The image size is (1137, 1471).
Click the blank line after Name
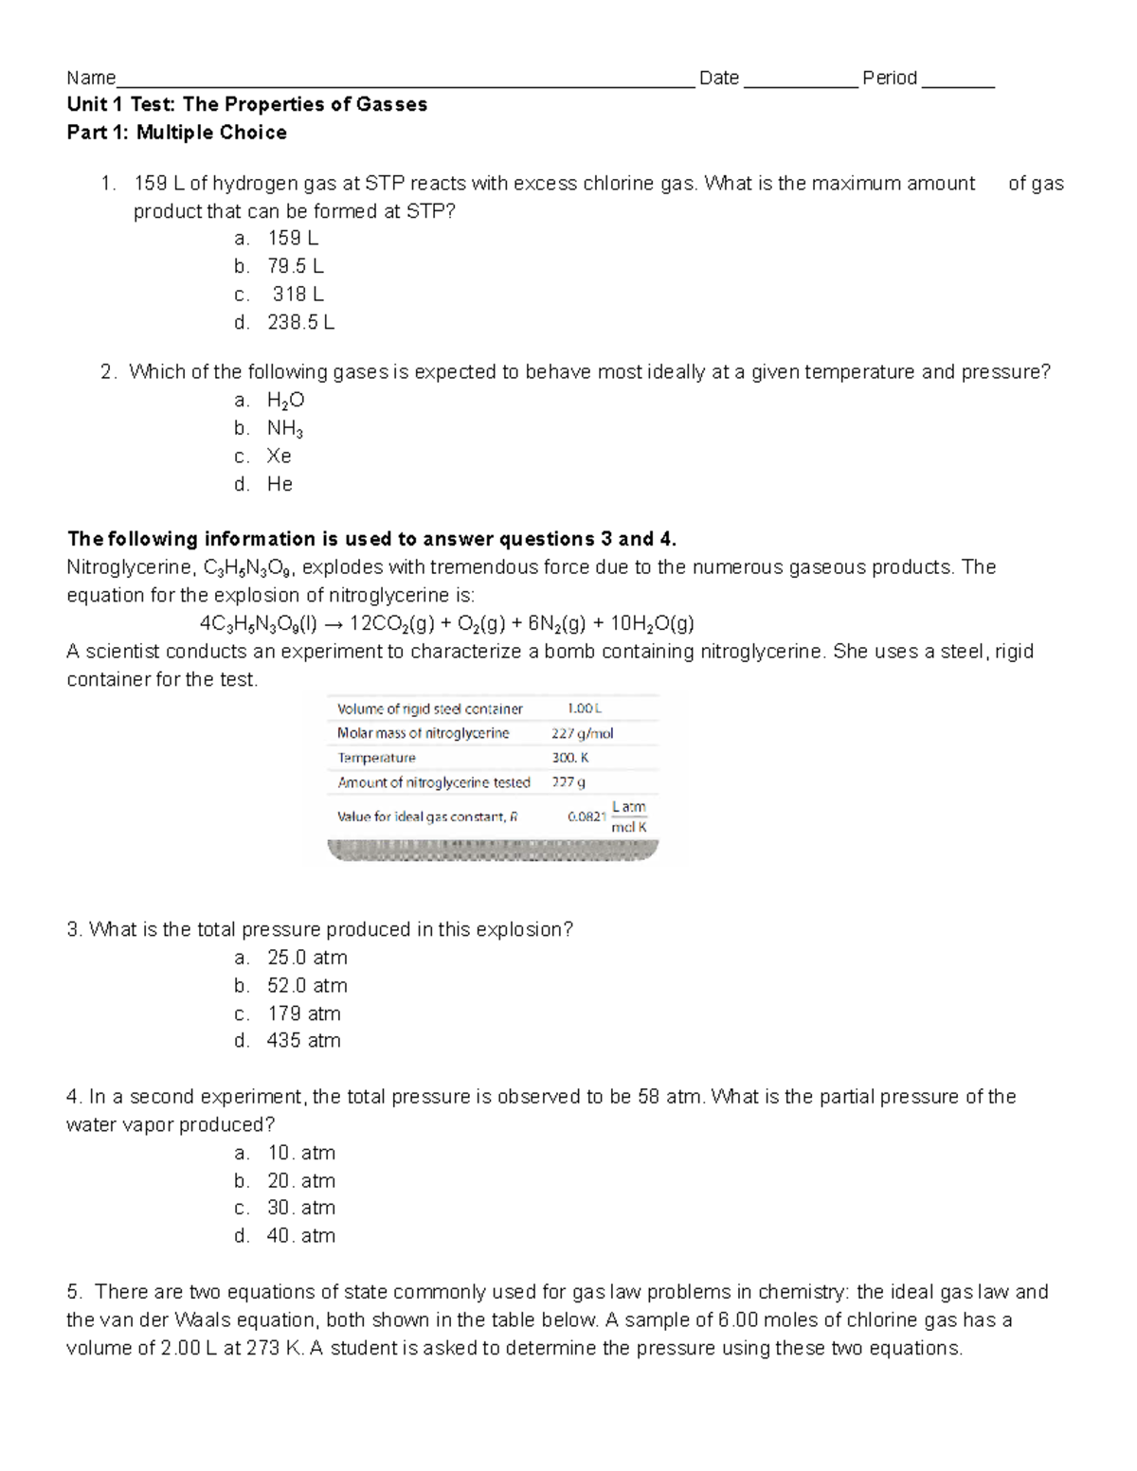[x=405, y=82]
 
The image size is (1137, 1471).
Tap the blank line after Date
[x=801, y=82]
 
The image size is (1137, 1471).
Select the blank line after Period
[x=957, y=82]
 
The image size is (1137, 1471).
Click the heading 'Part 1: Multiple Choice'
[x=176, y=133]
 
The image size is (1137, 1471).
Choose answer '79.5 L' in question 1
[x=295, y=266]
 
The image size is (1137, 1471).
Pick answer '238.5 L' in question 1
[x=300, y=322]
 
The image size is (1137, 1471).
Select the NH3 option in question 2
[x=284, y=429]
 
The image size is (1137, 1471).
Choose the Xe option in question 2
[x=279, y=457]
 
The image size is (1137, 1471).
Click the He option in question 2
[x=280, y=484]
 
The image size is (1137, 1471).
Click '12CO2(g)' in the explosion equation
[x=392, y=623]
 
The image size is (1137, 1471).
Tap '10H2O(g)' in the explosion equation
[x=652, y=623]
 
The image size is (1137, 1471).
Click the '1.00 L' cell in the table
[x=584, y=709]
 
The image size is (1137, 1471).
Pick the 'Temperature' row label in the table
[x=376, y=758]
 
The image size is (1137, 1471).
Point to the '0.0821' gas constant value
[x=586, y=816]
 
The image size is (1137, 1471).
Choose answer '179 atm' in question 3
[x=303, y=1014]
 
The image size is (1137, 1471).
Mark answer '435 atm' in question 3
[x=303, y=1041]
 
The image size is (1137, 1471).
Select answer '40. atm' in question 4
[x=300, y=1236]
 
